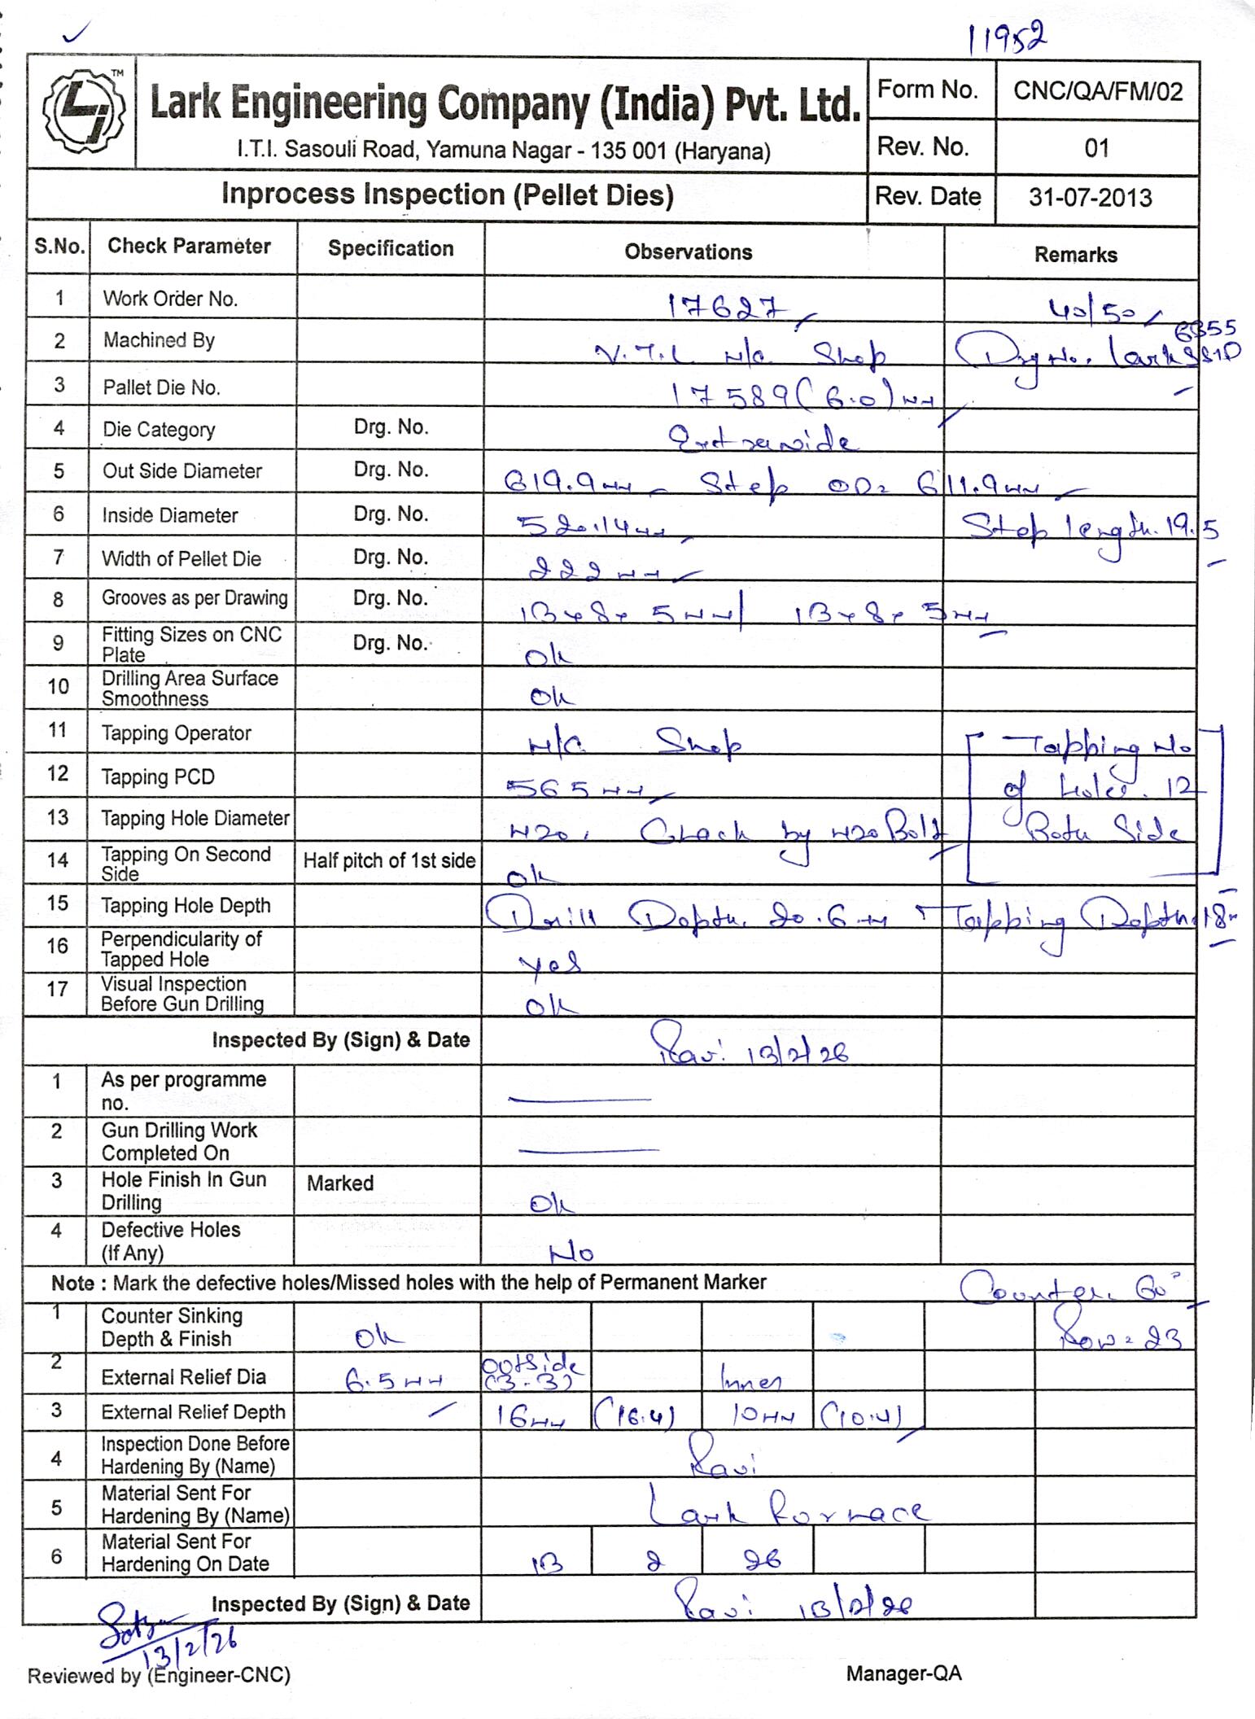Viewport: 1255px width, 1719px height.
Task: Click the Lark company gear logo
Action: point(83,114)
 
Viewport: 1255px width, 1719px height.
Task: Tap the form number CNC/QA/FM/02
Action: point(1097,91)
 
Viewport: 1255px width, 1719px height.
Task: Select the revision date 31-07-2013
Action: point(1090,198)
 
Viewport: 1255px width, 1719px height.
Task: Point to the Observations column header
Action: point(688,252)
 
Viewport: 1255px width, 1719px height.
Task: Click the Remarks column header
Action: point(1075,255)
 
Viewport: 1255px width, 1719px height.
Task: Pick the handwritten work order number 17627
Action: point(728,308)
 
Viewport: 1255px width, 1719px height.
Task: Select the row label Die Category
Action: point(159,430)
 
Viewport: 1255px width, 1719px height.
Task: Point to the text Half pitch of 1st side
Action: point(389,861)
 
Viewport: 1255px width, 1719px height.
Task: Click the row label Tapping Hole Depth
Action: point(186,906)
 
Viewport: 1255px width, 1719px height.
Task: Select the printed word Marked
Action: point(340,1183)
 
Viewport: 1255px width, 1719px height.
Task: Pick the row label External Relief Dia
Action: point(183,1377)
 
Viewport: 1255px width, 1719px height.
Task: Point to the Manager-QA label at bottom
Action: point(903,1673)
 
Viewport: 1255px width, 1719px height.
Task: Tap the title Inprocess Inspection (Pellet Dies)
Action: point(447,195)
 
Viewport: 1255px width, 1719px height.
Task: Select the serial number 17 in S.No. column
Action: point(57,990)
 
